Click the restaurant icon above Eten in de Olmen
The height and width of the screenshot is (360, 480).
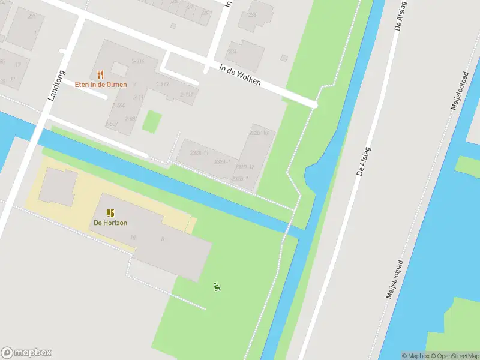tap(100, 75)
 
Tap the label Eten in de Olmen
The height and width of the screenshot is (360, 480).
tap(101, 85)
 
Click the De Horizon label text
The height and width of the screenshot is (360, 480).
tap(110, 223)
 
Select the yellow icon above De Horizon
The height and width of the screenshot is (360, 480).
tap(110, 213)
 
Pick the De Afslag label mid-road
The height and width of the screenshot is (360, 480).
tap(362, 161)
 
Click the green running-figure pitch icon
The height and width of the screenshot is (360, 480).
tap(217, 287)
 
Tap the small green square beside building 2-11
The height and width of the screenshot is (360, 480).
tap(152, 122)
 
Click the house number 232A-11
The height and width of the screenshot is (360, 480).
tap(199, 152)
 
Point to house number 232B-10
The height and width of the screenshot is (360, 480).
tap(259, 133)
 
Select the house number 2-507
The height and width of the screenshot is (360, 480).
tap(111, 124)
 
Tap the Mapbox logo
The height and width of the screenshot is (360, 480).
tap(26, 353)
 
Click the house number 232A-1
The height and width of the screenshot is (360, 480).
tap(222, 162)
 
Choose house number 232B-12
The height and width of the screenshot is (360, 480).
tap(245, 167)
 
